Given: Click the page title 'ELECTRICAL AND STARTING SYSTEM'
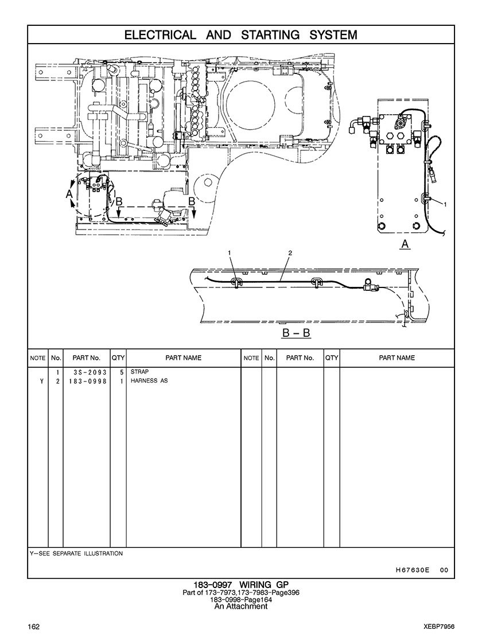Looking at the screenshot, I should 241,35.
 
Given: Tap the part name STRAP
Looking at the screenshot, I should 139,372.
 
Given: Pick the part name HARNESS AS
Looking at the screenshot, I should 149,381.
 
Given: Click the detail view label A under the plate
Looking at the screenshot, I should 405,244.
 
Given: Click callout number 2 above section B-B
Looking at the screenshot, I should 290,252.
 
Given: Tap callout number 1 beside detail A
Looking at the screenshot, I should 445,204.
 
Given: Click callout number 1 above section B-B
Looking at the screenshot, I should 230,252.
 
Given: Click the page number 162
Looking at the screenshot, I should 34,625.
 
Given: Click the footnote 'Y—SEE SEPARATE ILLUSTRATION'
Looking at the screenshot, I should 76,554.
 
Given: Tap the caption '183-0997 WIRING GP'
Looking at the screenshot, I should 241,585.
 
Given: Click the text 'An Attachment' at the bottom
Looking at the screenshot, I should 241,606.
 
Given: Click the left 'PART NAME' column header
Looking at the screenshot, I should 183,358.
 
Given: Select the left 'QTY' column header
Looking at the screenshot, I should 118,358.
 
